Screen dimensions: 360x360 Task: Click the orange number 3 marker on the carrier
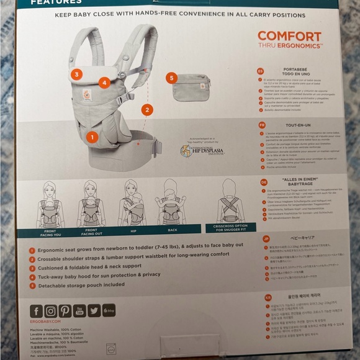(x=76, y=74)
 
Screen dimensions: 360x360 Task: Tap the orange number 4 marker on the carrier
(x=104, y=82)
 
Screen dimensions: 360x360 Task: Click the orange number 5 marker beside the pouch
(x=172, y=78)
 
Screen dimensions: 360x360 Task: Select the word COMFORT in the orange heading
(x=289, y=36)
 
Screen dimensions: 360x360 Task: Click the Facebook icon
(x=36, y=310)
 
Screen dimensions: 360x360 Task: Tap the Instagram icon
(x=50, y=310)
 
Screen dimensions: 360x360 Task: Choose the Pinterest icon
(x=65, y=310)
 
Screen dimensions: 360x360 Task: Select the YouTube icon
(x=79, y=310)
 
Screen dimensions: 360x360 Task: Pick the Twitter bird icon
(x=94, y=310)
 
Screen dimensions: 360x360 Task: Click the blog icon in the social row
(x=109, y=310)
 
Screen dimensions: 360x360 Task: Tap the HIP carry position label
(x=132, y=230)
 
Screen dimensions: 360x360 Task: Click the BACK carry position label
(x=171, y=230)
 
